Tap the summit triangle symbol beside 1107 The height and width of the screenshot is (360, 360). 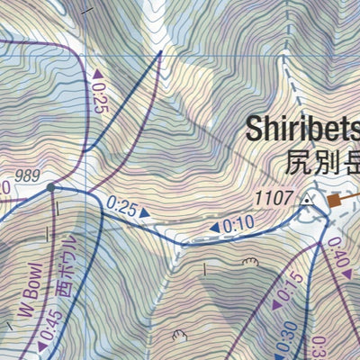309,200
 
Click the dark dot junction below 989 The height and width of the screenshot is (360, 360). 51,188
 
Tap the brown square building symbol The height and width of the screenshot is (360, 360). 334,202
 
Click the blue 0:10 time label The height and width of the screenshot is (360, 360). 238,224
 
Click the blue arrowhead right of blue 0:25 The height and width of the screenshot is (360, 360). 144,213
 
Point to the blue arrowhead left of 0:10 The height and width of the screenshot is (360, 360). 214,229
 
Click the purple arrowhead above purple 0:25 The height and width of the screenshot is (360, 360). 97,72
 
